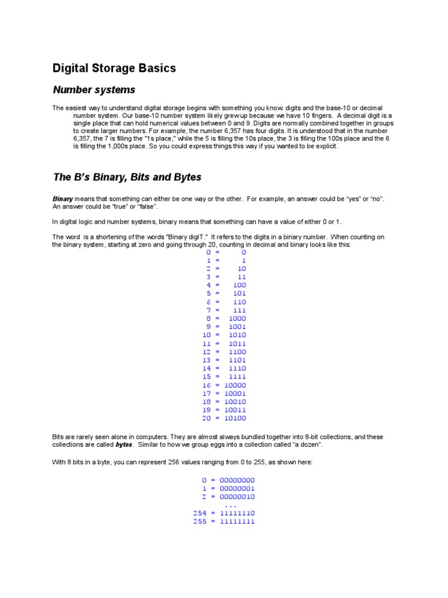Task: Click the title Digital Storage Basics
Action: point(114,68)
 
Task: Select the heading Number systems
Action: point(94,90)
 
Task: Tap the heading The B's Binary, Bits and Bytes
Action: point(127,177)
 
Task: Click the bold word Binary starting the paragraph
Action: point(63,199)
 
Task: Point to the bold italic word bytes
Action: point(124,445)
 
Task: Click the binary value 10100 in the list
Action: point(235,418)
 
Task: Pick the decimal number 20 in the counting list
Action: point(206,418)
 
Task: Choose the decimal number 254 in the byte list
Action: point(201,513)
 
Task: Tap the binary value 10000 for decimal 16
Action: point(235,385)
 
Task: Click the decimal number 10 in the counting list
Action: point(206,335)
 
